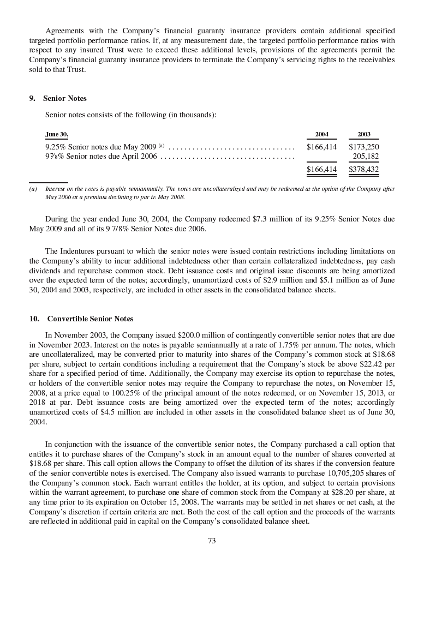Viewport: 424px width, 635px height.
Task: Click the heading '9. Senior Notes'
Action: [58, 99]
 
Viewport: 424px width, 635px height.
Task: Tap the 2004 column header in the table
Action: [322, 134]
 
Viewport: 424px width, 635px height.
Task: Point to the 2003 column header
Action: [363, 134]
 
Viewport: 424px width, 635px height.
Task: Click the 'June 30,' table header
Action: [57, 134]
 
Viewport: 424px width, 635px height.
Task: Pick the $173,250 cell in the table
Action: [364, 147]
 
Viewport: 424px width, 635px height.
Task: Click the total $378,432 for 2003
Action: [364, 170]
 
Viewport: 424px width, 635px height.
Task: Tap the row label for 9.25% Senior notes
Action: [104, 147]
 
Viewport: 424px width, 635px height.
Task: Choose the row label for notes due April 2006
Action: [101, 157]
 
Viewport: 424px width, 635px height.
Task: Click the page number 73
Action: [212, 541]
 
